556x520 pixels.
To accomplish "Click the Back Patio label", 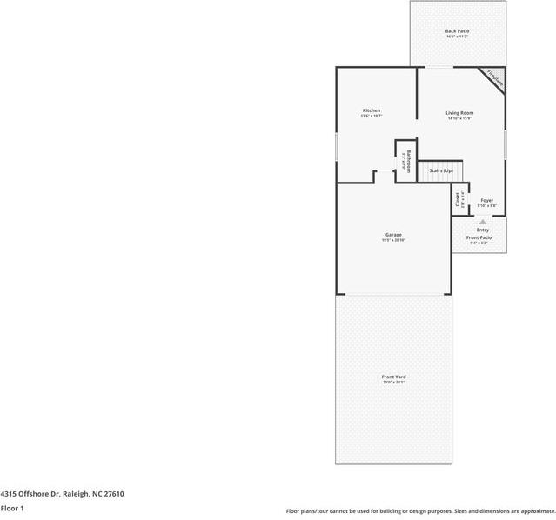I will [458, 30].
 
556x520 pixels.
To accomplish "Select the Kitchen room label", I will [372, 110].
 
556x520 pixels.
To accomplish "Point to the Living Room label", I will [459, 113].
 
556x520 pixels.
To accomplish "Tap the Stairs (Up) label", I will [441, 170].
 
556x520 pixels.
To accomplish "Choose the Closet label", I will [458, 199].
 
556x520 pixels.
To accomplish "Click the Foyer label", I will [486, 200].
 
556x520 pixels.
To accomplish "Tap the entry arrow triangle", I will [482, 223].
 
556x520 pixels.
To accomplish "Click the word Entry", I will [482, 230].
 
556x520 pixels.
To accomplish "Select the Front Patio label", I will [479, 237].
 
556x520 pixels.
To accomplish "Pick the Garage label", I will [393, 235].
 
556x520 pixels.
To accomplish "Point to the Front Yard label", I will [393, 377].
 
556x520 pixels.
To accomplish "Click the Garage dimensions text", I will [393, 241].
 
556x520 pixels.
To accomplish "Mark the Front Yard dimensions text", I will [393, 383].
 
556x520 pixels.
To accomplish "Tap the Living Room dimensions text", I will [459, 119].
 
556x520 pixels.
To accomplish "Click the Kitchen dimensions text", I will [372, 117].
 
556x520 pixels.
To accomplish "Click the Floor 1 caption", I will [12, 508].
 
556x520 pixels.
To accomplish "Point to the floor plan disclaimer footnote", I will [420, 511].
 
